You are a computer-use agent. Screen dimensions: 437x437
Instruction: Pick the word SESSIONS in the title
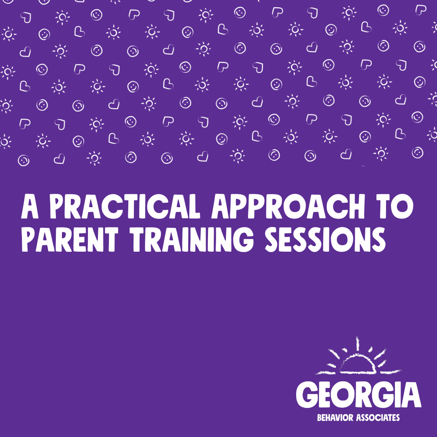pyautogui.click(x=325, y=240)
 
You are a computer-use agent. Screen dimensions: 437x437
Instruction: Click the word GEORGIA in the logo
pyautogui.click(x=359, y=395)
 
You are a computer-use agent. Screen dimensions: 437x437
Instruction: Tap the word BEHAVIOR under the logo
pyautogui.click(x=335, y=418)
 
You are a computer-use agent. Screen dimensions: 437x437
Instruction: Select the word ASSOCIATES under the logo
pyautogui.click(x=378, y=418)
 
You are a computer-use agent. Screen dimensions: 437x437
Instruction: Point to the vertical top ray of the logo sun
pyautogui.click(x=358, y=344)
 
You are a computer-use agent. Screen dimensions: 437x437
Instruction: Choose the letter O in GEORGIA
pyautogui.click(x=344, y=395)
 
